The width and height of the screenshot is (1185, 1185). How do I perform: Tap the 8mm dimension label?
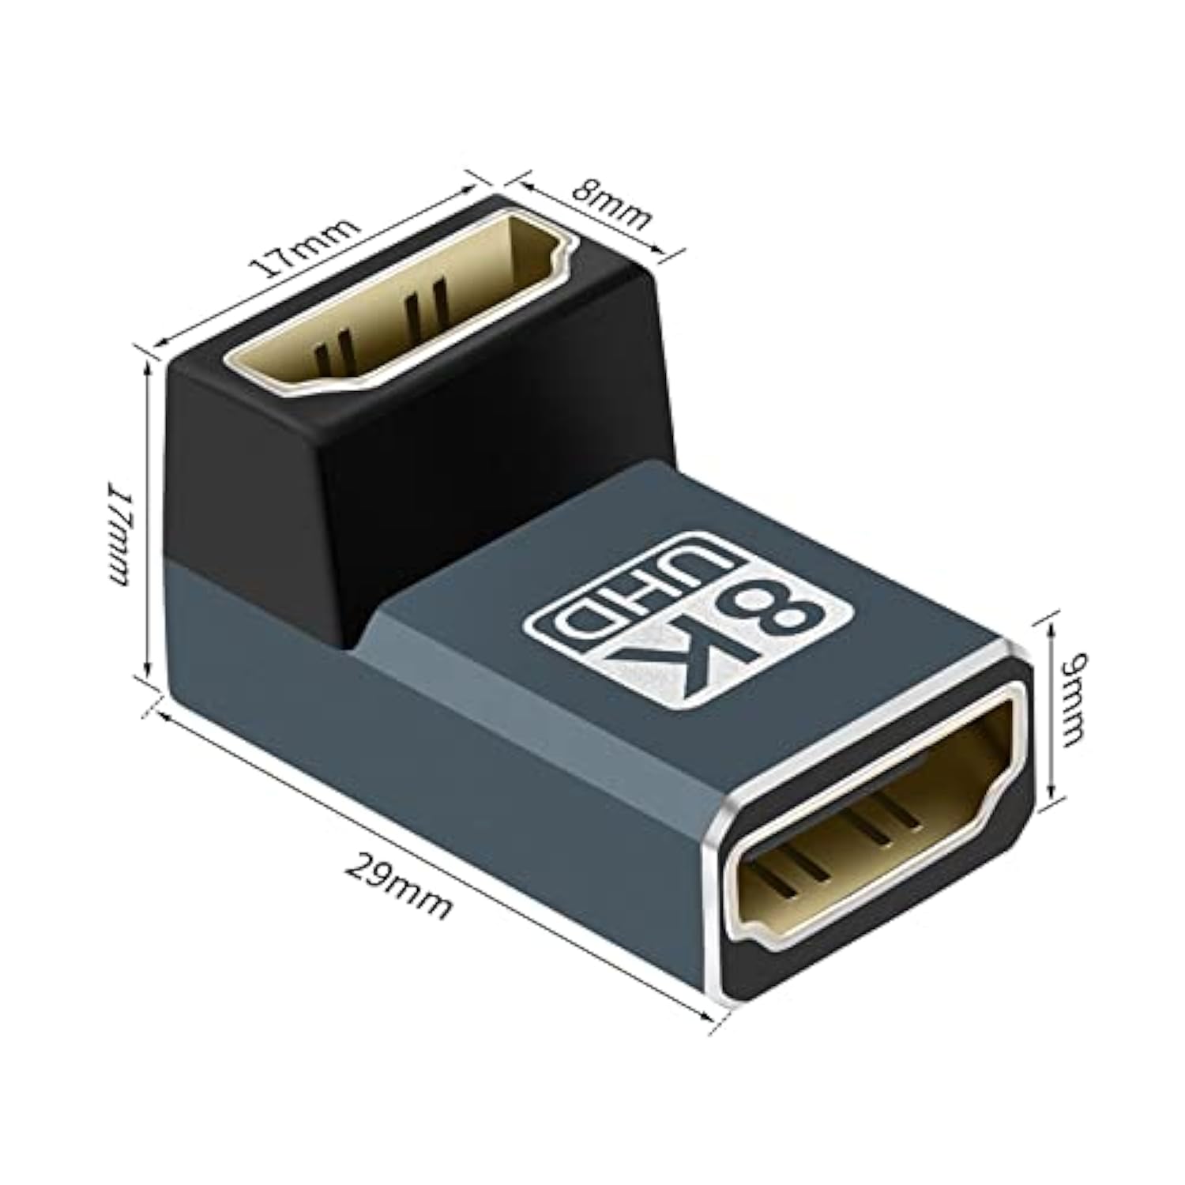612,204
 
